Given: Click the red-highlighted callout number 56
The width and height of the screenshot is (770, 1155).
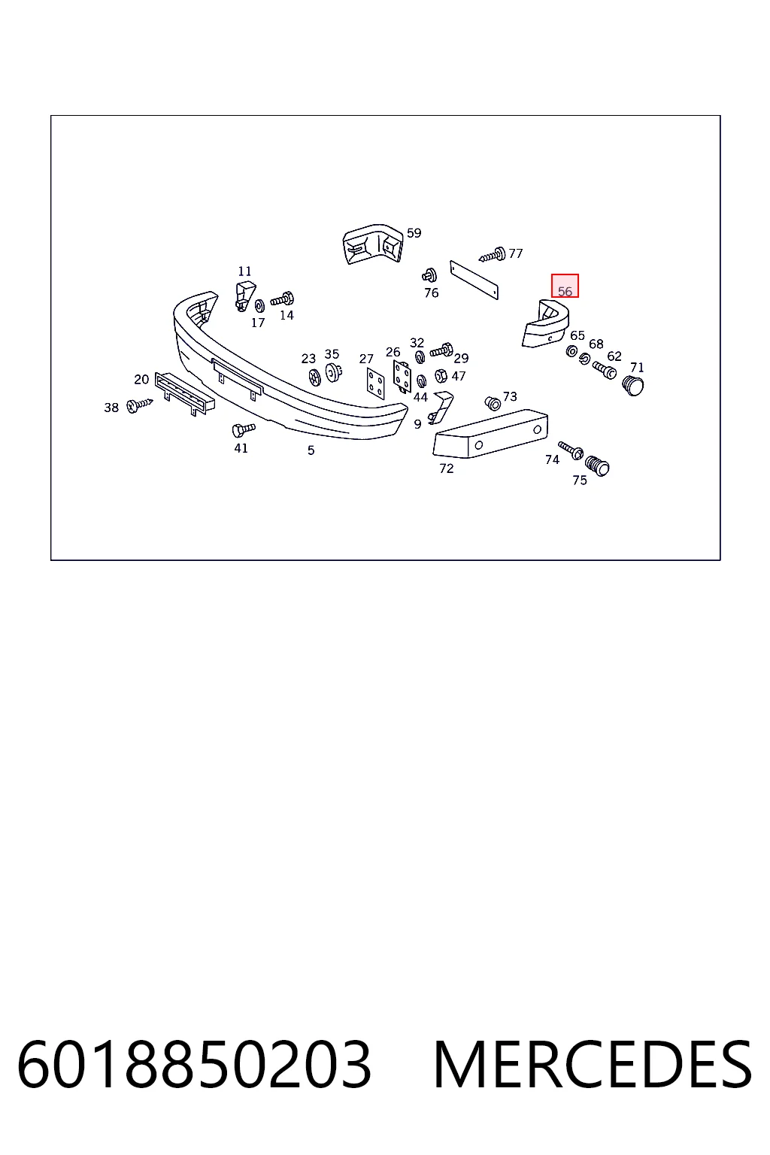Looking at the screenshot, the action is [x=565, y=291].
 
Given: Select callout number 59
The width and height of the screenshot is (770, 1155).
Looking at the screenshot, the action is [x=414, y=233].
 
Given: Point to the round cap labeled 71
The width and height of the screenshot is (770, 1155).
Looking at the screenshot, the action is [x=633, y=385].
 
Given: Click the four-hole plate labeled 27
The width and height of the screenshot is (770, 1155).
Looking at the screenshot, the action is [x=375, y=383].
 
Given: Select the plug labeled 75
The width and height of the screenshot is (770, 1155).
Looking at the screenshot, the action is [x=597, y=465].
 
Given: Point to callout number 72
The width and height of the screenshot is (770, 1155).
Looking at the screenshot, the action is [x=446, y=468].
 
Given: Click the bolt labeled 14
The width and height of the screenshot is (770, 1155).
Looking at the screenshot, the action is [x=282, y=299].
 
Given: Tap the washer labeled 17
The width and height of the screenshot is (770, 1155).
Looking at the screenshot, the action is [x=259, y=305].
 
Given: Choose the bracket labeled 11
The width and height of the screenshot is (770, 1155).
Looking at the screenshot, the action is [x=245, y=296].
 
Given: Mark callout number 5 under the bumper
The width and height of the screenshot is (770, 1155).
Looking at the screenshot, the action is [x=311, y=450].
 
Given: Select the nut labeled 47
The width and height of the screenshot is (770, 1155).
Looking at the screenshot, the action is [x=441, y=376].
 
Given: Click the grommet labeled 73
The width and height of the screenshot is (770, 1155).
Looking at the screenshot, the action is [x=493, y=403].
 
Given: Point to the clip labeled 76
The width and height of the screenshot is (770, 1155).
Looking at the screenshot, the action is [x=429, y=276].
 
